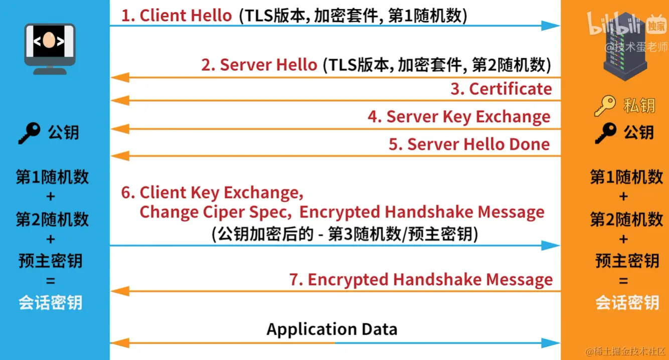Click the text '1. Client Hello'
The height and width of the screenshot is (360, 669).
click(177, 16)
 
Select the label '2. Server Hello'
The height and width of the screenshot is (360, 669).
click(259, 65)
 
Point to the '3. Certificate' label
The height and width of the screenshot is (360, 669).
click(501, 89)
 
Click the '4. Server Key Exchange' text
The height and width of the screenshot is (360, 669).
click(459, 117)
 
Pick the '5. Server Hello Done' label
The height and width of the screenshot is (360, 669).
click(469, 144)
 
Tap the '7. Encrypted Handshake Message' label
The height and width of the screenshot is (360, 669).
click(421, 279)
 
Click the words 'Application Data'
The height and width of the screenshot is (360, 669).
click(332, 329)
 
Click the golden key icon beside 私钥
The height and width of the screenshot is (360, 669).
click(604, 106)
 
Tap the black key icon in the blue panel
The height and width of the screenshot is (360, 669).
click(29, 133)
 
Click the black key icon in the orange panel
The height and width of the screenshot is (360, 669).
click(605, 133)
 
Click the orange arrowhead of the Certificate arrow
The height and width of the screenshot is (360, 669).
click(119, 101)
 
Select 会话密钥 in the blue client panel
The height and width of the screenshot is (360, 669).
click(50, 302)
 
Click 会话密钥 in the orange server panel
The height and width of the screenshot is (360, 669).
click(627, 302)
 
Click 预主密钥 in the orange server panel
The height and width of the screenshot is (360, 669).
click(627, 261)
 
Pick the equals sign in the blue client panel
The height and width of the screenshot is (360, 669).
click(50, 282)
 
